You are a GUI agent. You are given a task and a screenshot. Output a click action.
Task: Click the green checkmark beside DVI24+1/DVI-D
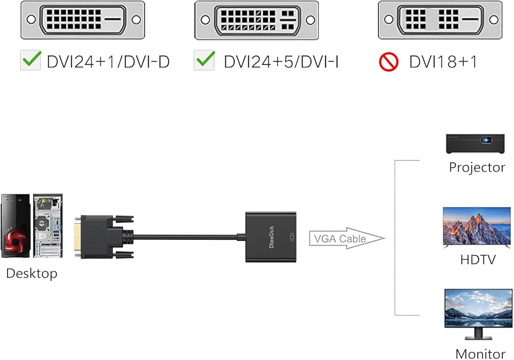tap(31, 61)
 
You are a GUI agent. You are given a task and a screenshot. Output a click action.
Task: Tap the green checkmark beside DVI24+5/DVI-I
tap(204, 61)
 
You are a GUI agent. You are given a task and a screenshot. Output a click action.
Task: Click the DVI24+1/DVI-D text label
tap(108, 62)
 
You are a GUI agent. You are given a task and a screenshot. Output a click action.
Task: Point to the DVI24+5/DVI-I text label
tap(281, 62)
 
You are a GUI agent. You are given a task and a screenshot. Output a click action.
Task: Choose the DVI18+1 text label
tap(443, 62)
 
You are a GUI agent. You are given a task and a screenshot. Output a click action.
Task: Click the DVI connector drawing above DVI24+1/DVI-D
tap(83, 20)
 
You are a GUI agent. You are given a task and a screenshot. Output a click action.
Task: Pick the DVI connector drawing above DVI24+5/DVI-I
tap(256, 20)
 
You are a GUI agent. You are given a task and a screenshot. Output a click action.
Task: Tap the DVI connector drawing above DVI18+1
tap(440, 20)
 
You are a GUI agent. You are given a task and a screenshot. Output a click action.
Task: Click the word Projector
tap(477, 167)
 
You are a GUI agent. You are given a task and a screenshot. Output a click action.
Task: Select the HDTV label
tap(478, 260)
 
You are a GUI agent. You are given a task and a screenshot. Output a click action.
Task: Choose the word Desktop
tap(32, 273)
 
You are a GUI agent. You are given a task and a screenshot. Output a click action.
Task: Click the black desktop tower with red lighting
tap(15, 225)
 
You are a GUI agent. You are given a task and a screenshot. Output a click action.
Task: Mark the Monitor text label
tap(480, 353)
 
